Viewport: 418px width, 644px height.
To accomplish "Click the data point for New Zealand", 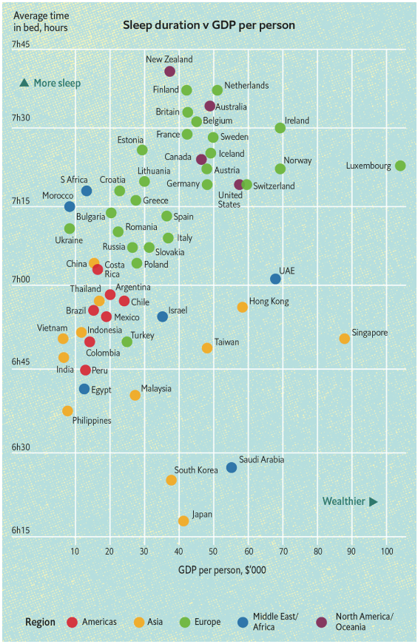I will coord(169,71).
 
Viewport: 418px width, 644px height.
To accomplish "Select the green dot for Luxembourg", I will coord(400,166).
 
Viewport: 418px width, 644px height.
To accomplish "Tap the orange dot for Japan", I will coord(183,521).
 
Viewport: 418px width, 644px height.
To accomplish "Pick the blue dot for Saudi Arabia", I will coord(232,467).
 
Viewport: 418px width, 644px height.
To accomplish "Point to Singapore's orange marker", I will coord(345,339).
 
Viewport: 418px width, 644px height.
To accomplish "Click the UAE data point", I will coord(275,279).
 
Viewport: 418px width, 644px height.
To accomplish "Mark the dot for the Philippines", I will coord(67,410).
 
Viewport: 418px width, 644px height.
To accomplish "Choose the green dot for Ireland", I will coord(280,128).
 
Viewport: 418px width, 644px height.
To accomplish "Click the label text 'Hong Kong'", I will coord(269,302).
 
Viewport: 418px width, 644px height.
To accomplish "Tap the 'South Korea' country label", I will coord(196,470).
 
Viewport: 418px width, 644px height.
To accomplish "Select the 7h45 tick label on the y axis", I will coord(21,44).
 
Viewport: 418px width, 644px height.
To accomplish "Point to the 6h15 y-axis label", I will coord(21,531).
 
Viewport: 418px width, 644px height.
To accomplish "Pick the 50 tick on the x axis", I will coord(213,551).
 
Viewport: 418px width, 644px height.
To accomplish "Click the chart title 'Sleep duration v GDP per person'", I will coord(209,25).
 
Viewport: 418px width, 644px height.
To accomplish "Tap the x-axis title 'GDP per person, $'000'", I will coord(222,569).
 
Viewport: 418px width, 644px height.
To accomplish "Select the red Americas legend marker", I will coord(72,622).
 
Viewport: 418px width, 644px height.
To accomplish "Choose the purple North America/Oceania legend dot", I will coord(322,622).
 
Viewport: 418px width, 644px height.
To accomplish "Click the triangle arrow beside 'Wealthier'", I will coord(374,502).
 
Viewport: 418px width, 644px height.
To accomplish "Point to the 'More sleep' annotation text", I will coord(57,83).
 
